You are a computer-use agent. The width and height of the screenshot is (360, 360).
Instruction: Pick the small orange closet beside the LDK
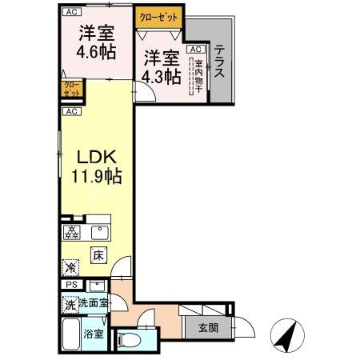pos(70,88)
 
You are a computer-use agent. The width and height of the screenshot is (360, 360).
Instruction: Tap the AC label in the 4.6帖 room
pos(72,12)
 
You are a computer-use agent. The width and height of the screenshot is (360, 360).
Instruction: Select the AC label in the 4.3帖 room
pos(194,49)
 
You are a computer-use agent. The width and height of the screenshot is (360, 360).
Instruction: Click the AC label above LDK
pos(70,111)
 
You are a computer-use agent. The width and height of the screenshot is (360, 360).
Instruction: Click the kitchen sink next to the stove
pos(99,234)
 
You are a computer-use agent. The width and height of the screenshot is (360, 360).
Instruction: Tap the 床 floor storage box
pos(98,256)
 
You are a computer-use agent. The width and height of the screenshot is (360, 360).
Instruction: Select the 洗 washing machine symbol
pos(70,304)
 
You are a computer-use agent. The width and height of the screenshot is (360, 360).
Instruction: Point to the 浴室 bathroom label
pos(94,334)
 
